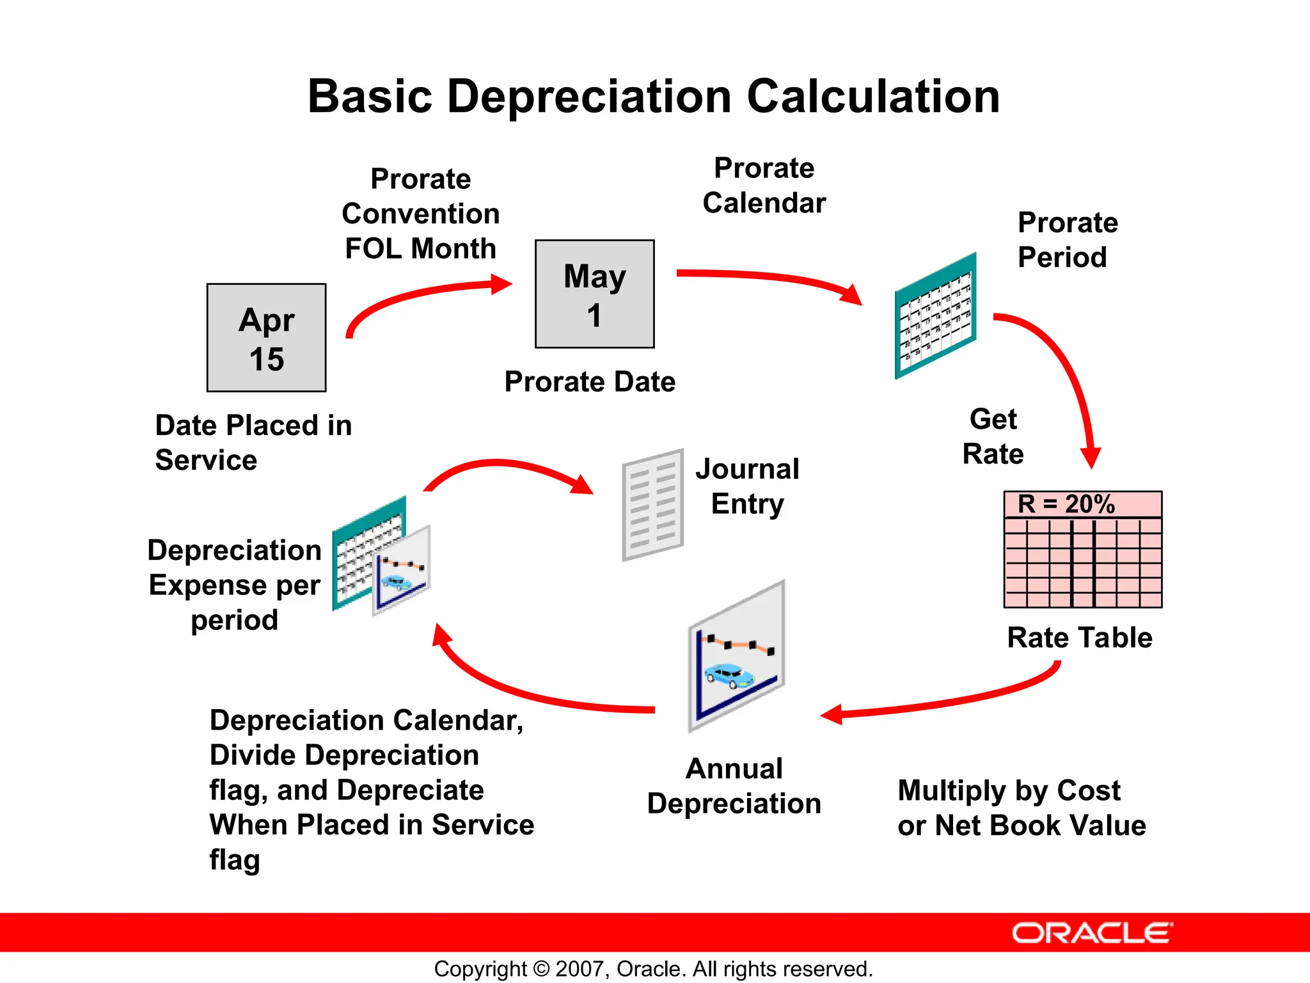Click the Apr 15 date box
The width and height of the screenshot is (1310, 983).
tap(266, 338)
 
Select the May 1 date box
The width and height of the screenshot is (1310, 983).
tap(594, 294)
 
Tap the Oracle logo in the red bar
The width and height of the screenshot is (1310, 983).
tap(1092, 933)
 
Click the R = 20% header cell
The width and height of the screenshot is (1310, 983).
tap(1082, 504)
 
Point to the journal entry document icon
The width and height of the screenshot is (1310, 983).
tap(653, 505)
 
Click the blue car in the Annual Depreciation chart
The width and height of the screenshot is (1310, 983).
tap(729, 675)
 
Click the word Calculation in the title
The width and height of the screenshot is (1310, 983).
tap(873, 97)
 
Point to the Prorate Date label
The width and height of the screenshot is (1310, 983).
tap(590, 382)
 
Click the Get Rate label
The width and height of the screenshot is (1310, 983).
tap(993, 437)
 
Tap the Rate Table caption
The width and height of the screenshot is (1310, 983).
tap(1079, 638)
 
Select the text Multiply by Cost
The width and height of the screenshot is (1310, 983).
tap(1009, 791)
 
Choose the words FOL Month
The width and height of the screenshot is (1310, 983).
tap(420, 248)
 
